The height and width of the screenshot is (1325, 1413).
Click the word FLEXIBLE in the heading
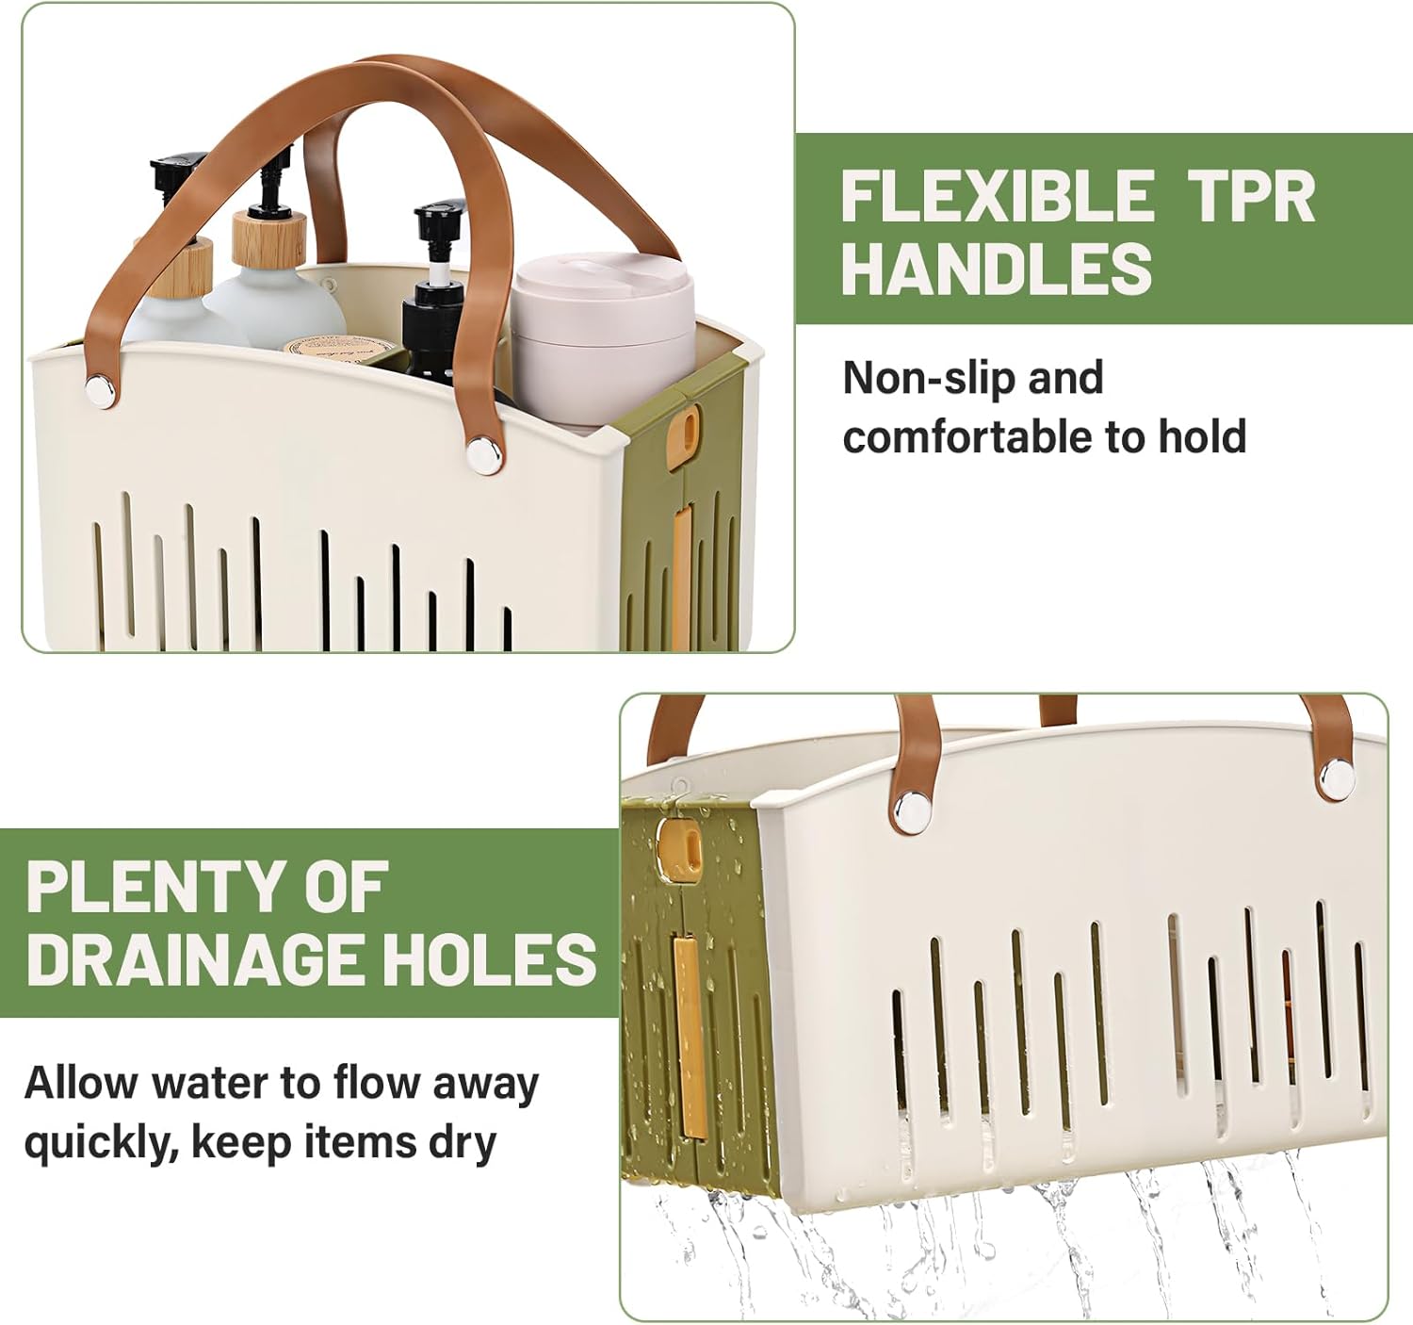pyautogui.click(x=997, y=197)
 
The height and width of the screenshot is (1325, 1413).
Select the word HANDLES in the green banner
pyautogui.click(x=997, y=268)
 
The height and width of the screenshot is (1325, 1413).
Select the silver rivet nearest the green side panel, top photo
pyautogui.click(x=484, y=454)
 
